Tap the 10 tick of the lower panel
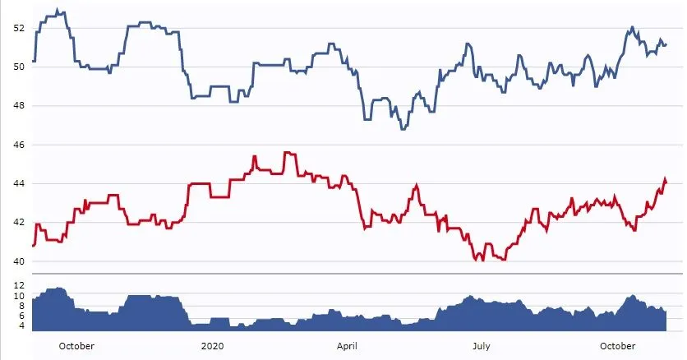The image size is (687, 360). point(18,296)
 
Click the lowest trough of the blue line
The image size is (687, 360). point(403,129)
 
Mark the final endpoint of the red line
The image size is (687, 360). point(666,182)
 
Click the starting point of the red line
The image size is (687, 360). point(33,246)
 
